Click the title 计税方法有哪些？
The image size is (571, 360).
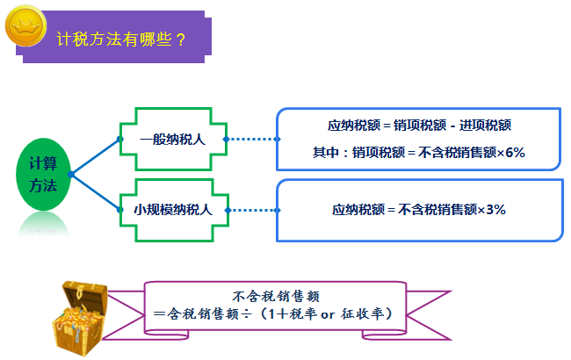pos(119,38)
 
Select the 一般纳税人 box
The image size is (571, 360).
pos(172,138)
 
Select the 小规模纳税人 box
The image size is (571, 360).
pos(172,210)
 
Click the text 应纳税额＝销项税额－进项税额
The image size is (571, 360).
pos(418,126)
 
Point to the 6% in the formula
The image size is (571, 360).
pos(515,152)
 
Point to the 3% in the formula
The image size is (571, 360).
pos(495,210)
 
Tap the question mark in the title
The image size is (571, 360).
pos(181,38)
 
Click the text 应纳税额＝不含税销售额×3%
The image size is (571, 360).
pos(418,210)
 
